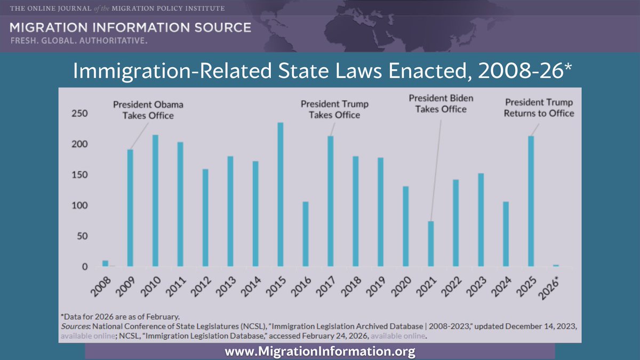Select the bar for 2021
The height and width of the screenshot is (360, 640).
coord(430,244)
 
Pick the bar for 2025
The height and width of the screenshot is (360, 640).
coord(531,201)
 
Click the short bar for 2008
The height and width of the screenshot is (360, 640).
coord(105,263)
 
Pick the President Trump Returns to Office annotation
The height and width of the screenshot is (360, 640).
coord(539,108)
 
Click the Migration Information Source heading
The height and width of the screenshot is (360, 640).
coord(130,28)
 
